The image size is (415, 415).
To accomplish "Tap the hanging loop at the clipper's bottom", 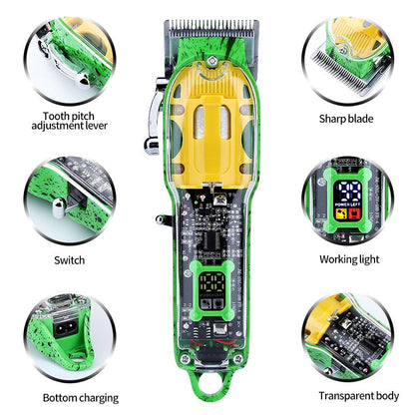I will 207,399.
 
